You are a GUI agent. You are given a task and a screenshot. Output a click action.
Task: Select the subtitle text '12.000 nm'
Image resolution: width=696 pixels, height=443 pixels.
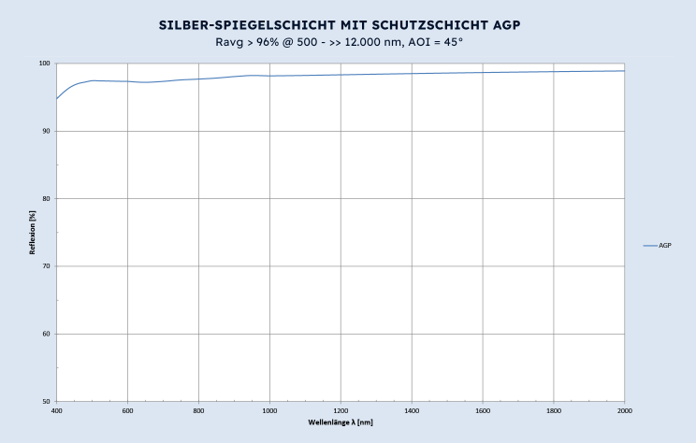pyautogui.click(x=382, y=42)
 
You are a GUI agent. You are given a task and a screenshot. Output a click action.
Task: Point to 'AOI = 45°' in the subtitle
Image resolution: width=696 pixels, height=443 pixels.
pyautogui.click(x=438, y=42)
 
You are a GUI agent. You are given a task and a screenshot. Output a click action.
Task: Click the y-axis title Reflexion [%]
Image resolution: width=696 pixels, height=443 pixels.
pyautogui.click(x=33, y=233)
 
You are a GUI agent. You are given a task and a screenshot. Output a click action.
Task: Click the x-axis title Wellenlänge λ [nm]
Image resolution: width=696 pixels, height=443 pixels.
pyautogui.click(x=341, y=422)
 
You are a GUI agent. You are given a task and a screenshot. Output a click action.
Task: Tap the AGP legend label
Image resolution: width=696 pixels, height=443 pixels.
pyautogui.click(x=665, y=246)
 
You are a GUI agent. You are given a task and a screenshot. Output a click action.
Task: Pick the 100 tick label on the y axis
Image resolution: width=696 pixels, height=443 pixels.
pyautogui.click(x=46, y=64)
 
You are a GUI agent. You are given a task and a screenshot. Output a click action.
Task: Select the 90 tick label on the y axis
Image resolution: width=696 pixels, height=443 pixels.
pyautogui.click(x=48, y=131)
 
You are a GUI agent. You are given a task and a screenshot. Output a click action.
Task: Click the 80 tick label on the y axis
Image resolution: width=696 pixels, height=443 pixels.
pyautogui.click(x=48, y=199)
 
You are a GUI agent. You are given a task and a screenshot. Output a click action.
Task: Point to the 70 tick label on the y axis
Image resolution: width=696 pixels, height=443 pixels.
pyautogui.click(x=48, y=266)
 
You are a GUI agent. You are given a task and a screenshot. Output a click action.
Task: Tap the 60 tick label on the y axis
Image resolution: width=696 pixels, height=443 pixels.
pyautogui.click(x=48, y=334)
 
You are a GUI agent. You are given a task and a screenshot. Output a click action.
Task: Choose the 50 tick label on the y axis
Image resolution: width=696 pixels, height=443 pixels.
pyautogui.click(x=48, y=402)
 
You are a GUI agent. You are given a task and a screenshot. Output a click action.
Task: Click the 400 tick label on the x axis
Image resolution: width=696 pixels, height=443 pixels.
pyautogui.click(x=57, y=410)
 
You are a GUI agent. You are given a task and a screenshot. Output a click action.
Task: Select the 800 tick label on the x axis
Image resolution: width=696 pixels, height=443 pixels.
pyautogui.click(x=198, y=410)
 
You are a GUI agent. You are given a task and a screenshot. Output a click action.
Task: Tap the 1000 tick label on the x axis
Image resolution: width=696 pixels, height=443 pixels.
pyautogui.click(x=269, y=410)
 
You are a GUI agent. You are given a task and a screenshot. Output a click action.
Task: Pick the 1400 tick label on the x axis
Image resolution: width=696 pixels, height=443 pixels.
pyautogui.click(x=412, y=410)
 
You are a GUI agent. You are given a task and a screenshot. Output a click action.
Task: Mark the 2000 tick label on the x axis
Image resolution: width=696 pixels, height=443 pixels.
pyautogui.click(x=624, y=410)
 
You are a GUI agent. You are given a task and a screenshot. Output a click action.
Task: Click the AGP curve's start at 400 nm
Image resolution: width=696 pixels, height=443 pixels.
pyautogui.click(x=57, y=98)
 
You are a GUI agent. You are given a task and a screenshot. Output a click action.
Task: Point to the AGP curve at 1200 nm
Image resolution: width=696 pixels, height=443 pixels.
pyautogui.click(x=341, y=75)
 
